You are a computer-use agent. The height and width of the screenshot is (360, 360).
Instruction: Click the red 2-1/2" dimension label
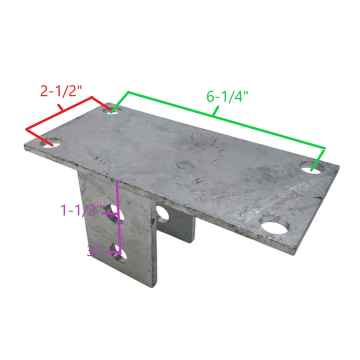point(61,91)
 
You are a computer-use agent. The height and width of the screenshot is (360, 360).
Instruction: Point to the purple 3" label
point(93,250)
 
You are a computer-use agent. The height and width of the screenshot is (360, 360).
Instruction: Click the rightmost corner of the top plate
point(338,167)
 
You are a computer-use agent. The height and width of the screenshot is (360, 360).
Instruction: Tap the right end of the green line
point(324,148)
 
